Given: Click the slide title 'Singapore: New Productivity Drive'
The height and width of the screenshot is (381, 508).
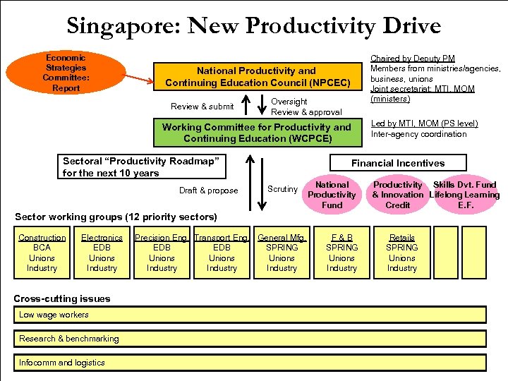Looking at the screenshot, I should click(254, 26).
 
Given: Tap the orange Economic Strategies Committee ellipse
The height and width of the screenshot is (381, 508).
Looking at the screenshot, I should click(64, 73).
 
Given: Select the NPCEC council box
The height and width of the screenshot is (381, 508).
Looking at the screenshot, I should click(257, 77).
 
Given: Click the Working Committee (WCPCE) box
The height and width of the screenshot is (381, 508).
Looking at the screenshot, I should click(257, 133).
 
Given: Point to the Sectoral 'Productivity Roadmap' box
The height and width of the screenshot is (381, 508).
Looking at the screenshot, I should click(141, 167).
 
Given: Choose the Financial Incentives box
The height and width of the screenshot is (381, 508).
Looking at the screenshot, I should click(398, 163).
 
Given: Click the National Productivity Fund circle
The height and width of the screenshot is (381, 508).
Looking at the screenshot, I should click(332, 195).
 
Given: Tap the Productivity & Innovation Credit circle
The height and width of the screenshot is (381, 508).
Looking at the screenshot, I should click(397, 195).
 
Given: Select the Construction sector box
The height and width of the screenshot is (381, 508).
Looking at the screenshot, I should click(42, 253).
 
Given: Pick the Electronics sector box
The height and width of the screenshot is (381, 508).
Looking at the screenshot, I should click(102, 253).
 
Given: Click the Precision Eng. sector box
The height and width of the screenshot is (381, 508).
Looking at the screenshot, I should click(162, 253).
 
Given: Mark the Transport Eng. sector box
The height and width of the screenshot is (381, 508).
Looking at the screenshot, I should click(222, 253).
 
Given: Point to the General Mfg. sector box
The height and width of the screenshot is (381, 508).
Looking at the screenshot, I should click(282, 253).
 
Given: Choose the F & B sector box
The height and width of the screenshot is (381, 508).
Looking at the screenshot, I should click(342, 253).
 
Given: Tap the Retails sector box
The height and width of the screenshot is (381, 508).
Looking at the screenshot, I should click(402, 253).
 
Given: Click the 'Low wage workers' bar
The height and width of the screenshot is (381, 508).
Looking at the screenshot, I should click(250, 315).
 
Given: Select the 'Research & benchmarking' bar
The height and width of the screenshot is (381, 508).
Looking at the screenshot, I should click(250, 339).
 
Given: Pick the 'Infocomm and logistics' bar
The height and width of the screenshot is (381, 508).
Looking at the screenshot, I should click(250, 363).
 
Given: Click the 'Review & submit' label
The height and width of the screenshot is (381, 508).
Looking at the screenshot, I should click(202, 107).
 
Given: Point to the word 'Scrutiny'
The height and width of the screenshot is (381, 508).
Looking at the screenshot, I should click(282, 189).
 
